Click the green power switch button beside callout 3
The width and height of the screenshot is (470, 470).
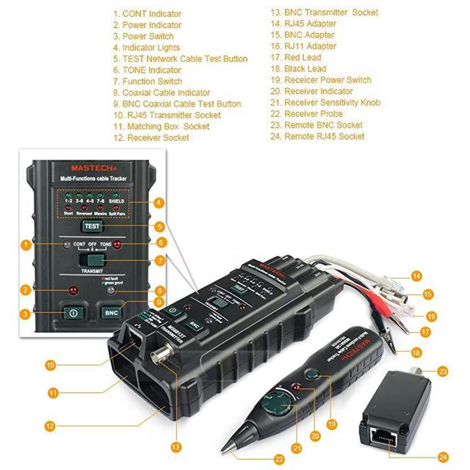click(73, 311)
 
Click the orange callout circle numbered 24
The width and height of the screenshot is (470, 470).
click(443, 455)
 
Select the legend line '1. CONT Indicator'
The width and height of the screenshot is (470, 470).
click(147, 13)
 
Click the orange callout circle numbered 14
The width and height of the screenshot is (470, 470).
click(416, 275)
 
